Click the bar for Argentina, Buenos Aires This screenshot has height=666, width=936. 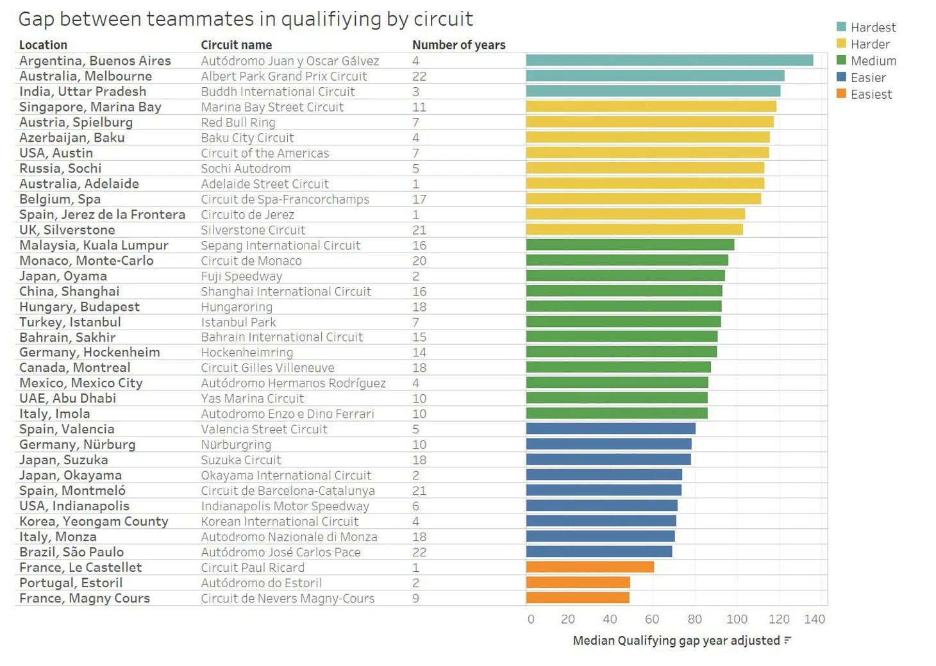point(669,60)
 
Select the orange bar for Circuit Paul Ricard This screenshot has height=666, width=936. point(590,567)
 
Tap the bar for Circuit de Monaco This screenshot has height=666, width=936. point(627,260)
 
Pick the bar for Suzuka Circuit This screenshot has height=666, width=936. point(608,460)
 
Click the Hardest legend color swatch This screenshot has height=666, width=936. point(841,27)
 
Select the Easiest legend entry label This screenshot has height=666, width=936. point(871,94)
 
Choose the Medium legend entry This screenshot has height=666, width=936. point(873,61)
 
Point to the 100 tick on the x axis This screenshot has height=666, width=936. point(737,619)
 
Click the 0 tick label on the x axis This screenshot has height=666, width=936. point(531,619)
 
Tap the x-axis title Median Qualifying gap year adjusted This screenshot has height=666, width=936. point(676,640)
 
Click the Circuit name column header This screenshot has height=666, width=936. point(236,45)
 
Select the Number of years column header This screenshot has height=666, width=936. point(458,45)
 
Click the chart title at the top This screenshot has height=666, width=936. point(246,19)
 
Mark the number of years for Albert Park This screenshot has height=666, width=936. point(419,76)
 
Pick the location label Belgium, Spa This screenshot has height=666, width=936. point(60,199)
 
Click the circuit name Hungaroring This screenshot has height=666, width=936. point(237,307)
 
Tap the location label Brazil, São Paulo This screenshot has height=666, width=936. point(71,552)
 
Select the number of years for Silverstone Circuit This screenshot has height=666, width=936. point(419,230)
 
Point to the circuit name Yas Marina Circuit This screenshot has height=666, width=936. point(252,398)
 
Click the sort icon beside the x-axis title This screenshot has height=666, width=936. point(788,640)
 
